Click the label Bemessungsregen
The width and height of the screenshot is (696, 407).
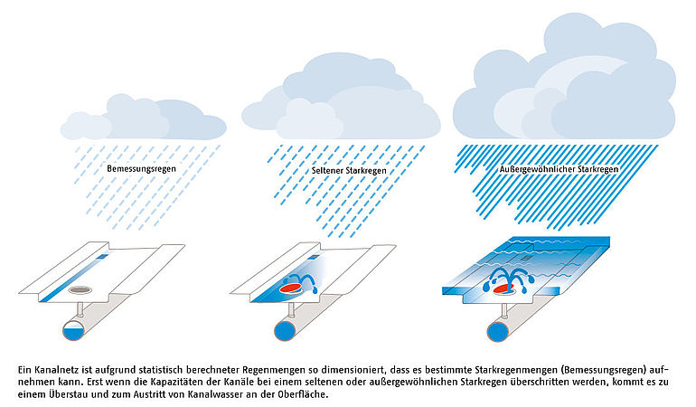[141, 169]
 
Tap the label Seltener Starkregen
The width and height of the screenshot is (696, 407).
[349, 171]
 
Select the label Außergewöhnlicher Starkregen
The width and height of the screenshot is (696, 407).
[559, 169]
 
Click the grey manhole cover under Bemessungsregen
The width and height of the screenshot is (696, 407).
[80, 290]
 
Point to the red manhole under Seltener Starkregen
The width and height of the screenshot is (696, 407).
[291, 288]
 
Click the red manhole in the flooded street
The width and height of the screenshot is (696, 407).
[503, 289]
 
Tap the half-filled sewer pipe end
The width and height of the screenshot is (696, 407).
[73, 330]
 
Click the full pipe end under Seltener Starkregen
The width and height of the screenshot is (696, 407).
[285, 331]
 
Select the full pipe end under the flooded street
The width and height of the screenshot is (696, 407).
[498, 331]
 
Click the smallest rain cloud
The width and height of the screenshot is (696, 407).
[144, 118]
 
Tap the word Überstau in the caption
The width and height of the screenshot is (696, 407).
[67, 393]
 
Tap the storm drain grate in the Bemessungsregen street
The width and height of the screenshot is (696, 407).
[102, 256]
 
